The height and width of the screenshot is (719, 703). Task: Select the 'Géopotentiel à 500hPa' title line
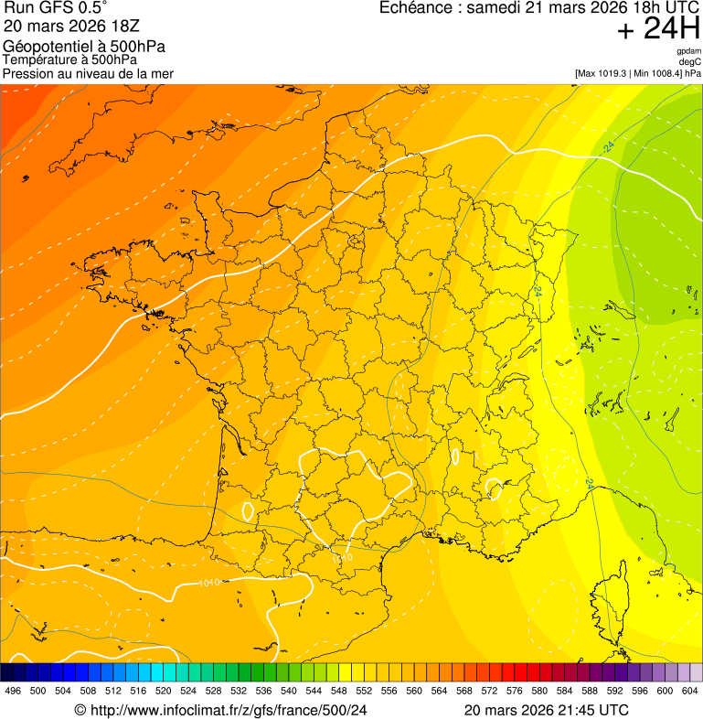click(x=84, y=47)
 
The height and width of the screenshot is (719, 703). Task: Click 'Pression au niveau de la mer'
click(x=88, y=73)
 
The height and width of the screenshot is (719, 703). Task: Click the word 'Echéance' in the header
click(x=417, y=8)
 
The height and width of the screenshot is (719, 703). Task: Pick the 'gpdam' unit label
click(x=688, y=51)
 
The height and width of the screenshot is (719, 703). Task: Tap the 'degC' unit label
click(x=690, y=61)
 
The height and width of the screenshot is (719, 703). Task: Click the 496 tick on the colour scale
click(x=13, y=691)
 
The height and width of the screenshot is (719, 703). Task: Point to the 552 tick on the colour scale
click(x=363, y=691)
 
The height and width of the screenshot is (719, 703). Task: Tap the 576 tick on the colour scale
click(x=515, y=691)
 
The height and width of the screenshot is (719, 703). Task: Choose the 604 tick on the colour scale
click(x=690, y=691)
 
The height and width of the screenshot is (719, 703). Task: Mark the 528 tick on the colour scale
click(x=213, y=691)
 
